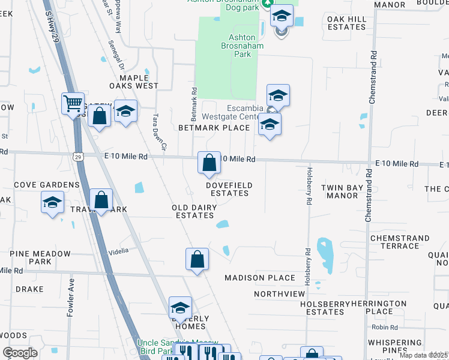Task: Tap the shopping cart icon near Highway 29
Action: point(73,104)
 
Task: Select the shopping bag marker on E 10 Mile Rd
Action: point(209,163)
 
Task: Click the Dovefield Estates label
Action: point(229,189)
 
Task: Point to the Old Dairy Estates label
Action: point(193,211)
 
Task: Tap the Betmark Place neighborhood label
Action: point(214,128)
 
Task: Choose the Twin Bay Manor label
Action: point(342,192)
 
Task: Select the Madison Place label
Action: point(260,278)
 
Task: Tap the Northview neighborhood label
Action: point(279,294)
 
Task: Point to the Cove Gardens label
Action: point(47,185)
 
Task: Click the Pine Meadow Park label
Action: point(40,258)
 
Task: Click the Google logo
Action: point(20,353)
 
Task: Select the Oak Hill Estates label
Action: point(346,23)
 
